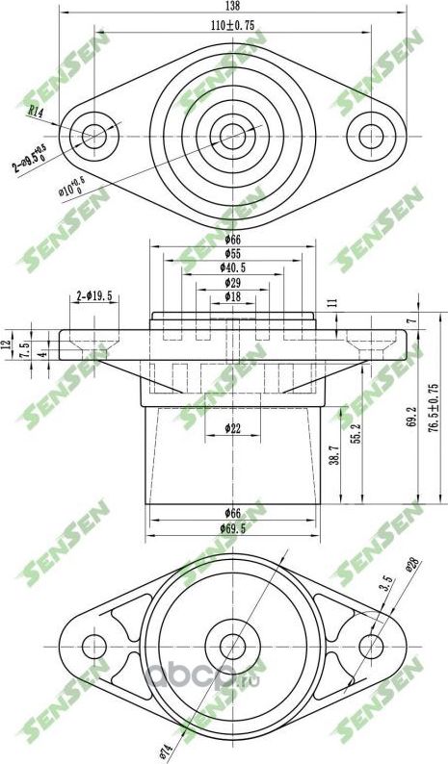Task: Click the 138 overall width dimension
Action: [231, 6]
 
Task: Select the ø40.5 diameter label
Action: [232, 269]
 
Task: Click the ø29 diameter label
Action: [232, 283]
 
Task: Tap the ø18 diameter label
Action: [232, 296]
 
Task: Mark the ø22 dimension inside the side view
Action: [232, 427]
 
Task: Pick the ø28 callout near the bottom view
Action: [412, 568]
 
